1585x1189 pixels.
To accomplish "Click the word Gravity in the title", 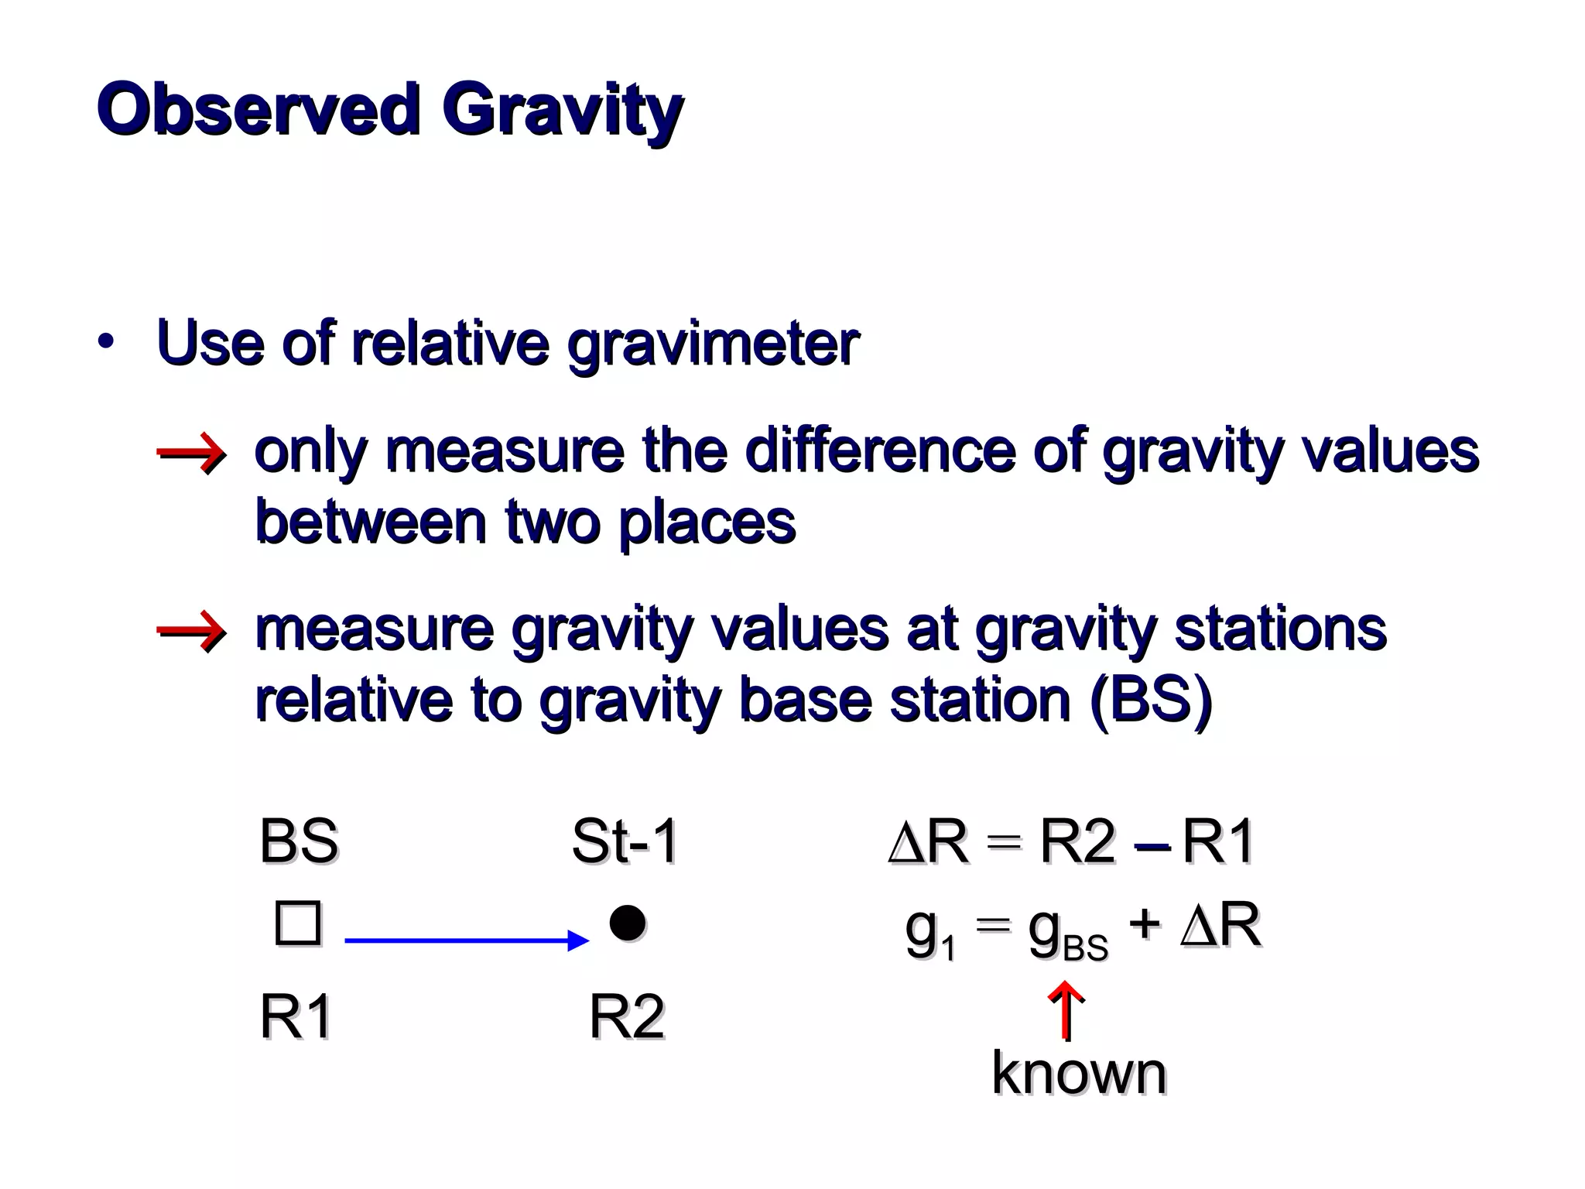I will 563,113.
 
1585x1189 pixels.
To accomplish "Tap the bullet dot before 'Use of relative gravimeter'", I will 106,341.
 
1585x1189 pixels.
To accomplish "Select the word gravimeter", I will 713,344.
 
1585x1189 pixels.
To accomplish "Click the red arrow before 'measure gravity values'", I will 191,631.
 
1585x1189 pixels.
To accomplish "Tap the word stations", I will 1280,629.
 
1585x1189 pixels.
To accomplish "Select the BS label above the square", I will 298,841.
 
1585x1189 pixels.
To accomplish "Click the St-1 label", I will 625,841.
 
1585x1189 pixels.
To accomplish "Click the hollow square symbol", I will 298,923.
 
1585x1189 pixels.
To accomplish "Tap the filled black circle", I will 627,923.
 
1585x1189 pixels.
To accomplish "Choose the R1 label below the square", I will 296,1016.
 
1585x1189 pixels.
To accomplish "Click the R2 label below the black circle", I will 627,1016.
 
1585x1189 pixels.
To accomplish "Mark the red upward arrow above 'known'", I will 1066,1009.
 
